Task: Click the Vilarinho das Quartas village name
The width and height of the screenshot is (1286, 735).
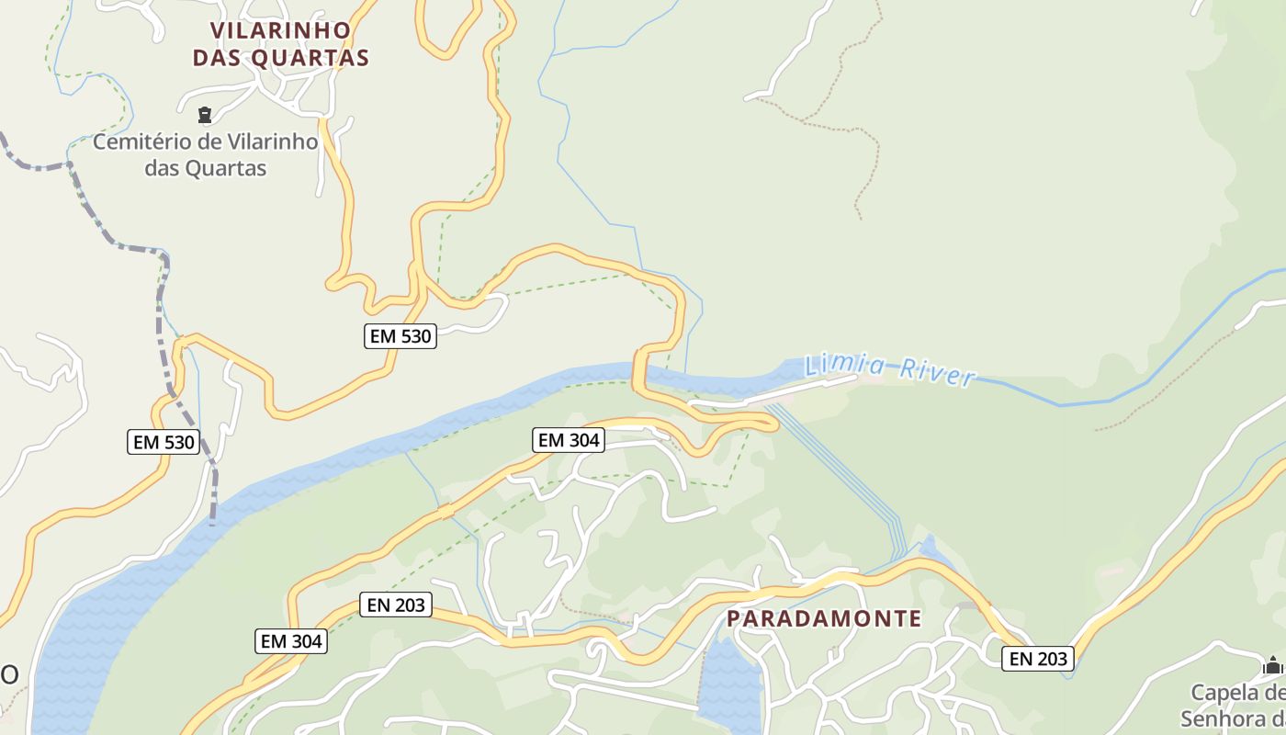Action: coord(280,44)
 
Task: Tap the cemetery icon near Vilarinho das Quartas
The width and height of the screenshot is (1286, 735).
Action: coord(204,116)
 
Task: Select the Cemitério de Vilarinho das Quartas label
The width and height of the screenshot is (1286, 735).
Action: coord(206,155)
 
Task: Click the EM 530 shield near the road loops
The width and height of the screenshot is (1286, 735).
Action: coord(400,336)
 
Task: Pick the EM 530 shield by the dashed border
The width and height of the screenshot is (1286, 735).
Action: coord(164,442)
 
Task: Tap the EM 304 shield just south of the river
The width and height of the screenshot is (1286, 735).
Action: coord(569,440)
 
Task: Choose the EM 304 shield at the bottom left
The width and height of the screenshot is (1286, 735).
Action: coord(291,641)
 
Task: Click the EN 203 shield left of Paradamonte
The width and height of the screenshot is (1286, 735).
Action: coord(396,605)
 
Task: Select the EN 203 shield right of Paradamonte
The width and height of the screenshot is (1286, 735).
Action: coord(1038,658)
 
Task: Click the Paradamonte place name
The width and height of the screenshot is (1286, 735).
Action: coord(824,618)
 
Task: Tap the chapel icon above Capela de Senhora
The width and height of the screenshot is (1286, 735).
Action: coord(1273,664)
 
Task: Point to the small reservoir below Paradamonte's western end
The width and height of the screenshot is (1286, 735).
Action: coord(730,684)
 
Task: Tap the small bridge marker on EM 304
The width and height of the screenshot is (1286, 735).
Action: coord(446,511)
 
